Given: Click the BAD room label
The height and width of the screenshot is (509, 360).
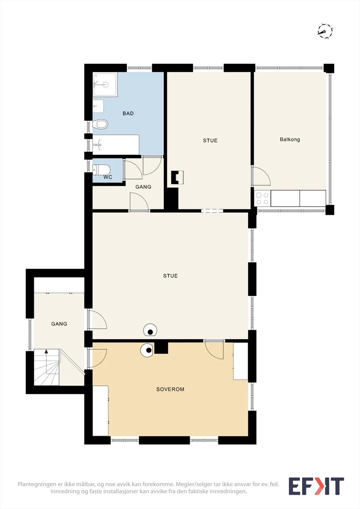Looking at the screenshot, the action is tap(128, 113).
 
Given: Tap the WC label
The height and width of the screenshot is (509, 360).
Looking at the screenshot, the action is tap(108, 177).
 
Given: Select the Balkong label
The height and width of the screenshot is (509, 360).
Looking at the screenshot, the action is tap(290, 140).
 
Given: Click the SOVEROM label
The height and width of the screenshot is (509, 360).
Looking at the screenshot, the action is tap(170, 389).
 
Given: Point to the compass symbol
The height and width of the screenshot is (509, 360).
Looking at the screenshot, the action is tap(325, 31).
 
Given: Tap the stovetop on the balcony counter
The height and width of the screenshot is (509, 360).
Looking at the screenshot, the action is tap(262, 199).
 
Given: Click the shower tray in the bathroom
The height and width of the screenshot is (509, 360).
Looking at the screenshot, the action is tap(105, 85).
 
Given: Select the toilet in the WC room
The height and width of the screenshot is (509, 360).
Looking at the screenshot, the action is tap(102, 170).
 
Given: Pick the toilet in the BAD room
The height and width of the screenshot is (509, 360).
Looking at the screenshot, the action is tap(100, 124).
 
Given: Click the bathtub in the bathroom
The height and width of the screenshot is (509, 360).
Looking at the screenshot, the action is tap(116, 145).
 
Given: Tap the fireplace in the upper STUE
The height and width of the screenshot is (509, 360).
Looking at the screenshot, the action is tap(177, 177).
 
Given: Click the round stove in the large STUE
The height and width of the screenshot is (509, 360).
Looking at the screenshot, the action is tap(150, 330).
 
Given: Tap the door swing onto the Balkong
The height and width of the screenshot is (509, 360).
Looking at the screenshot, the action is tap(261, 176).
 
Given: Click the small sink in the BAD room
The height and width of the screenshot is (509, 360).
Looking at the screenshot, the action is tap(98, 106).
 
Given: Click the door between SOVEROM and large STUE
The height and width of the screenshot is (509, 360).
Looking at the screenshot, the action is tap(214, 350).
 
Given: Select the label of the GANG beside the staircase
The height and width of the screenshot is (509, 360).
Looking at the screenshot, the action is tap(59, 324).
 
